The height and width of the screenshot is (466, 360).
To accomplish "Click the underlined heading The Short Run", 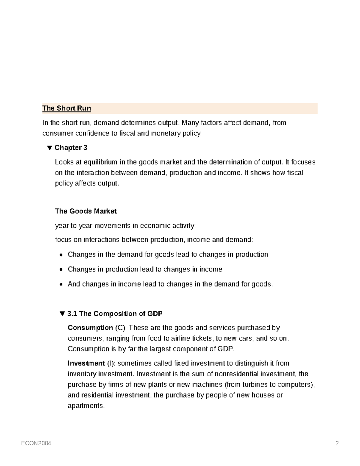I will coord(67,108).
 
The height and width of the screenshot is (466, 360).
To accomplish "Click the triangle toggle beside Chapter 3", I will coord(49,148).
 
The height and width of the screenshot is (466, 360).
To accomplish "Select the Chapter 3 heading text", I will coord(71,148).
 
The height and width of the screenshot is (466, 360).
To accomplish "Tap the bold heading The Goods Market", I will coord(86,211).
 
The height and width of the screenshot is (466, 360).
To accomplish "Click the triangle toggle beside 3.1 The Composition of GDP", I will coord(62,314).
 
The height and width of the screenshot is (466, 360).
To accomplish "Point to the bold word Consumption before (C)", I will coord(90,328).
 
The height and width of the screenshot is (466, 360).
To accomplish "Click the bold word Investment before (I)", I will coord(86,363).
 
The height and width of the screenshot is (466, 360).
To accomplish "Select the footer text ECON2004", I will coord(36,443).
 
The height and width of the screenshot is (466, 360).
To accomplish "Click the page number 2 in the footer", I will coord(337,443).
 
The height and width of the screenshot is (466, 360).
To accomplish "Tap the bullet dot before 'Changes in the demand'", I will coord(61,255).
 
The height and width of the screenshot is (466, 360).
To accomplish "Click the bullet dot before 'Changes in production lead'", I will coord(61,270).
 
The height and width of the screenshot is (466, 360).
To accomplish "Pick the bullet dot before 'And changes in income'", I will coord(61,284).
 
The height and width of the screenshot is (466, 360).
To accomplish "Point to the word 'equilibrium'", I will coord(100,162).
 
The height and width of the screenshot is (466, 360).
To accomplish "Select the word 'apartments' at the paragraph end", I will coord(85,406).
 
